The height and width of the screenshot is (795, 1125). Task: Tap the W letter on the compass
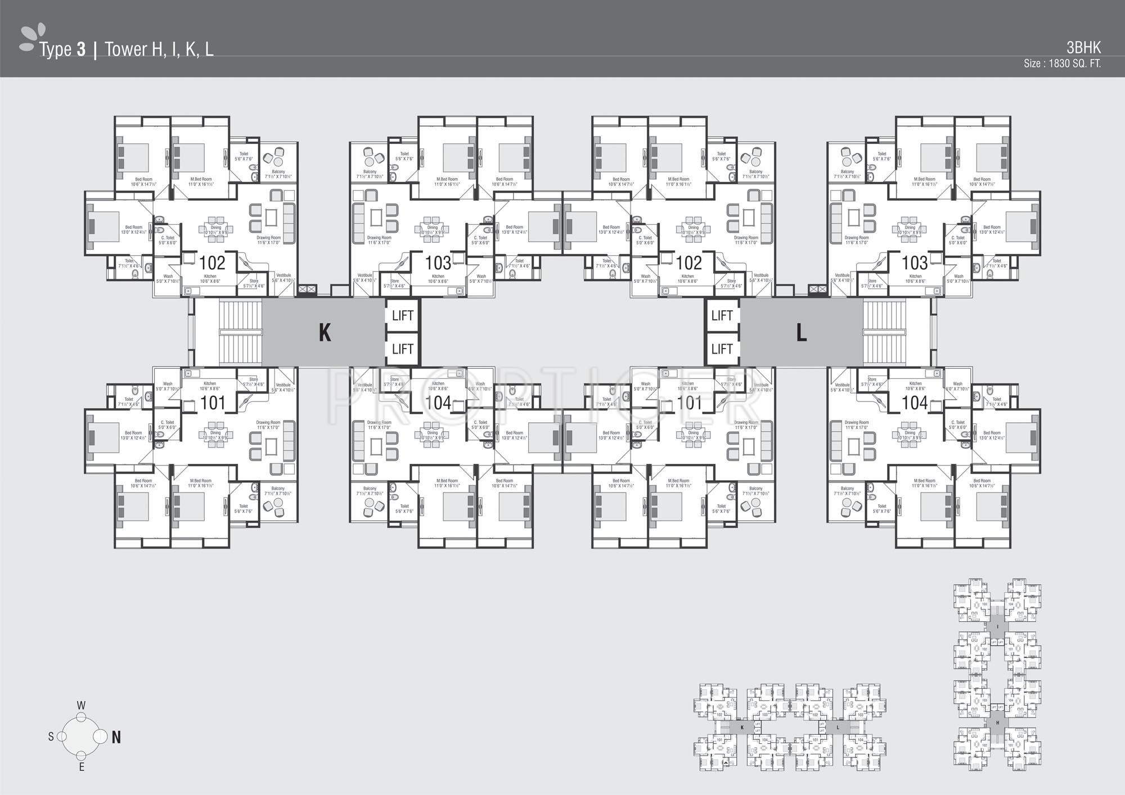(x=81, y=706)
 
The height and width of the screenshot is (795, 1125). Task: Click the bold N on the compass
(x=116, y=737)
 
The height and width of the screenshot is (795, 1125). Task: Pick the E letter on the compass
(x=82, y=767)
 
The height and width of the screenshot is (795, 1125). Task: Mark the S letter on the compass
(x=51, y=737)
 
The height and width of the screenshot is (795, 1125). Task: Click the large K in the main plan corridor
(x=325, y=333)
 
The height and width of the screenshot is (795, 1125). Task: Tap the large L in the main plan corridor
(x=802, y=333)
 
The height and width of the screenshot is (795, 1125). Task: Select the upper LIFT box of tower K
(x=403, y=315)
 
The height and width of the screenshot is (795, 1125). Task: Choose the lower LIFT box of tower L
(x=722, y=349)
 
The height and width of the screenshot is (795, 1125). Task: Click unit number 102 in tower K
(x=213, y=263)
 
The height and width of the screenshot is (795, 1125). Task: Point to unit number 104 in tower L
(x=915, y=403)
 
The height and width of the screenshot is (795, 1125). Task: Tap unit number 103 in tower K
(x=438, y=263)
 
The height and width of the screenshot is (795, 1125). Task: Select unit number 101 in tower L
(x=689, y=403)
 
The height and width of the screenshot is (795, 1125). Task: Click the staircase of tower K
(x=240, y=333)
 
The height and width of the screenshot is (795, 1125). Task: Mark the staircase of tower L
(x=885, y=333)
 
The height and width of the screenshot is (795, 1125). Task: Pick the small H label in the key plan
(x=997, y=722)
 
